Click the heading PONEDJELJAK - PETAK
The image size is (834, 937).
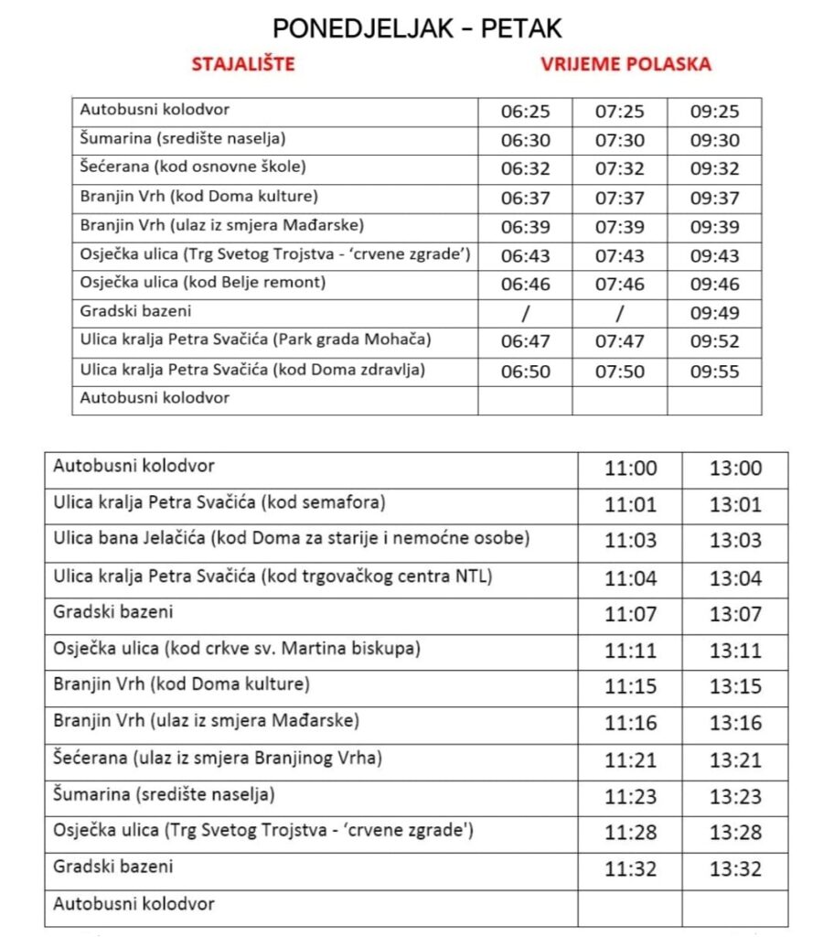coord(417,27)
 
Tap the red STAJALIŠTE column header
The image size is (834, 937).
coord(243,65)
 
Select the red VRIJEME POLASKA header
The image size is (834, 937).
coord(625,65)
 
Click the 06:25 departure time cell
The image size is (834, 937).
coord(526,113)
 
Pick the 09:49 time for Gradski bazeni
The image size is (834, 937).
coord(714,314)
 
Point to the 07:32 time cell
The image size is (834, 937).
coord(620,169)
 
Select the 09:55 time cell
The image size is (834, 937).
coord(714,372)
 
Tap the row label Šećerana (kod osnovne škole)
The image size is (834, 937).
coord(193,167)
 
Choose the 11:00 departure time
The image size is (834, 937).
coord(630,468)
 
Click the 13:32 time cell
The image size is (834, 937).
coord(735,868)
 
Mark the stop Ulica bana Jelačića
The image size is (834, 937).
coord(292,539)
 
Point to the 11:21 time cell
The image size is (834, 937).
coord(630,759)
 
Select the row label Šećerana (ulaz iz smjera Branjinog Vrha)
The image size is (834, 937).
coord(218,758)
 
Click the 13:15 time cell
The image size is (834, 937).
coord(735,686)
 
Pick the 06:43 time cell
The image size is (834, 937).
coord(526,256)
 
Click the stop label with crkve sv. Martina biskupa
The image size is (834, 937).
coord(237,649)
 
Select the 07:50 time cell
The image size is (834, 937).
coord(620,372)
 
